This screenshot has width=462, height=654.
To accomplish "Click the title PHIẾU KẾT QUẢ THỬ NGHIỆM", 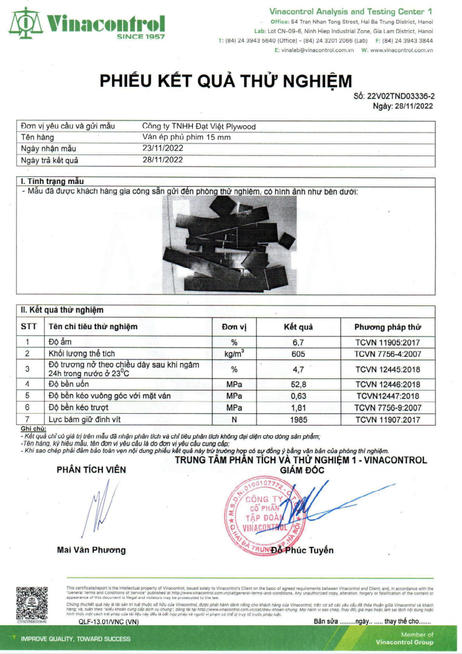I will click(x=225, y=81).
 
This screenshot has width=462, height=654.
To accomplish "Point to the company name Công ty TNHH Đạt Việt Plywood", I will click(x=199, y=126).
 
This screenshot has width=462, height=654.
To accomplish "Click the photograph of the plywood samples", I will click(x=229, y=244).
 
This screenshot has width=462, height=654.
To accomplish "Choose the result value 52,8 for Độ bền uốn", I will click(x=298, y=384).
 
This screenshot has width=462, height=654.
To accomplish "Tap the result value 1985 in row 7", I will click(x=298, y=419).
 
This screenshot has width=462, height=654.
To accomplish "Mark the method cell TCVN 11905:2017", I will click(x=387, y=342).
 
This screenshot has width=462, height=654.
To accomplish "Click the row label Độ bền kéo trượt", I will click(x=78, y=408).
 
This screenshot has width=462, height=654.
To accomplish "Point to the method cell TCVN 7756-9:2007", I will click(x=387, y=408).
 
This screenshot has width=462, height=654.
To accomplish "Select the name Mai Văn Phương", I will click(x=91, y=550).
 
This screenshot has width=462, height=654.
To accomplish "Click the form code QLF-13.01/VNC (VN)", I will click(x=108, y=621).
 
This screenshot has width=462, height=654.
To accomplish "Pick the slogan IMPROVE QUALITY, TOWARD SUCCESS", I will click(x=76, y=639).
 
